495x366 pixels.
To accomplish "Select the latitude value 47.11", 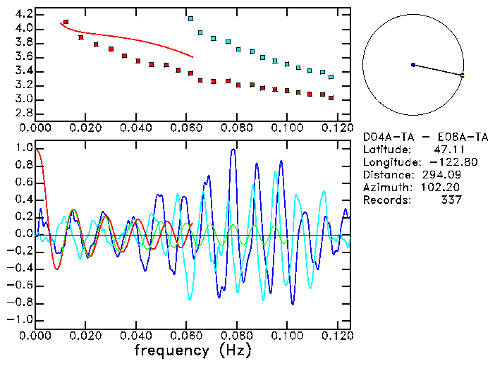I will tap(447, 150).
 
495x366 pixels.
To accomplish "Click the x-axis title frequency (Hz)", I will tap(191, 350).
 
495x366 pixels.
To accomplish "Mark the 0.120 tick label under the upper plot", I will tap(336, 128).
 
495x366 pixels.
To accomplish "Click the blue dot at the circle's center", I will tap(413, 65).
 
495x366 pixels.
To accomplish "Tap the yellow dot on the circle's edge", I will tap(462, 75).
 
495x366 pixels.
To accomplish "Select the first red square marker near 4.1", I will tap(66, 22).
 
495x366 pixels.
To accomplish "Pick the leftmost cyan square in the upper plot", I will tap(191, 18).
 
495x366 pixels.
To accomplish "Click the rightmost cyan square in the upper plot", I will tap(331, 76).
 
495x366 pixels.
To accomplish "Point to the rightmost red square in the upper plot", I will tap(331, 98).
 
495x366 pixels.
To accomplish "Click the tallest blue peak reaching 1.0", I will tap(232, 150).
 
